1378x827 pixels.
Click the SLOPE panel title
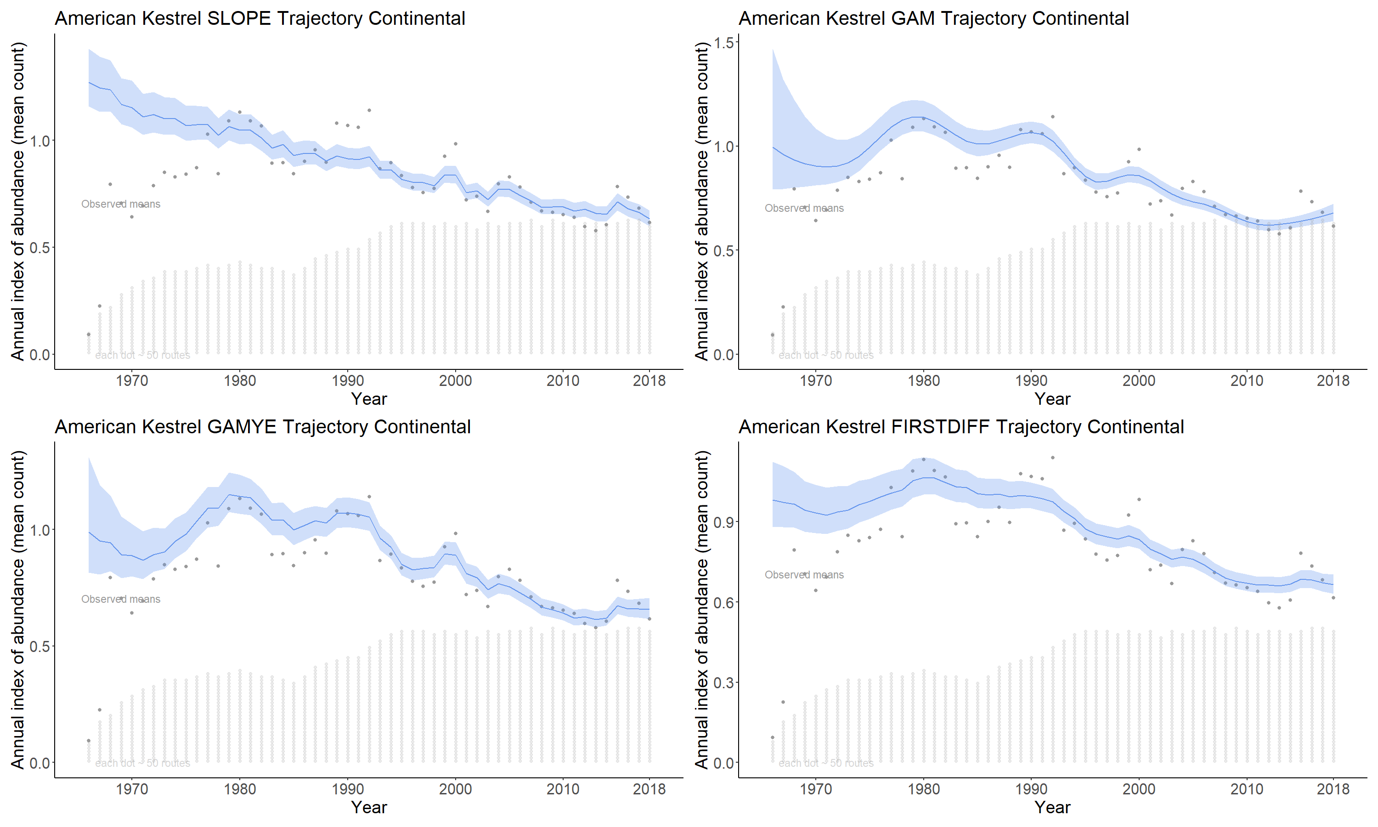[x=260, y=18]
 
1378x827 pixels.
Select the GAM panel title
[x=933, y=18]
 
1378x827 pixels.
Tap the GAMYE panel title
[x=262, y=427]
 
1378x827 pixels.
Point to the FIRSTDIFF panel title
[x=961, y=427]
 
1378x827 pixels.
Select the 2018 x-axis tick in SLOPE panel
[x=649, y=381]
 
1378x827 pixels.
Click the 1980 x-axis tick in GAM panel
[x=924, y=381]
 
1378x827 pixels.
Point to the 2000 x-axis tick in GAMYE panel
[x=455, y=789]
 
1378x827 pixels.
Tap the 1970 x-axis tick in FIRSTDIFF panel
[x=815, y=789]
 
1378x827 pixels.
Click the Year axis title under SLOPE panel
[x=369, y=399]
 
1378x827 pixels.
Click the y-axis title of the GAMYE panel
[x=18, y=610]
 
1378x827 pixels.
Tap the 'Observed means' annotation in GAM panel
[x=804, y=209]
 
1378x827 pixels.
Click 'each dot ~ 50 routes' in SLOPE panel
[x=142, y=356]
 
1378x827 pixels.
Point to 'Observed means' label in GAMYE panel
[x=120, y=599]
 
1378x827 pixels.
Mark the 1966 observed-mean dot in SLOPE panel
[x=89, y=334]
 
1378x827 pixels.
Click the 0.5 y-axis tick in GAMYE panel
[x=39, y=646]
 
